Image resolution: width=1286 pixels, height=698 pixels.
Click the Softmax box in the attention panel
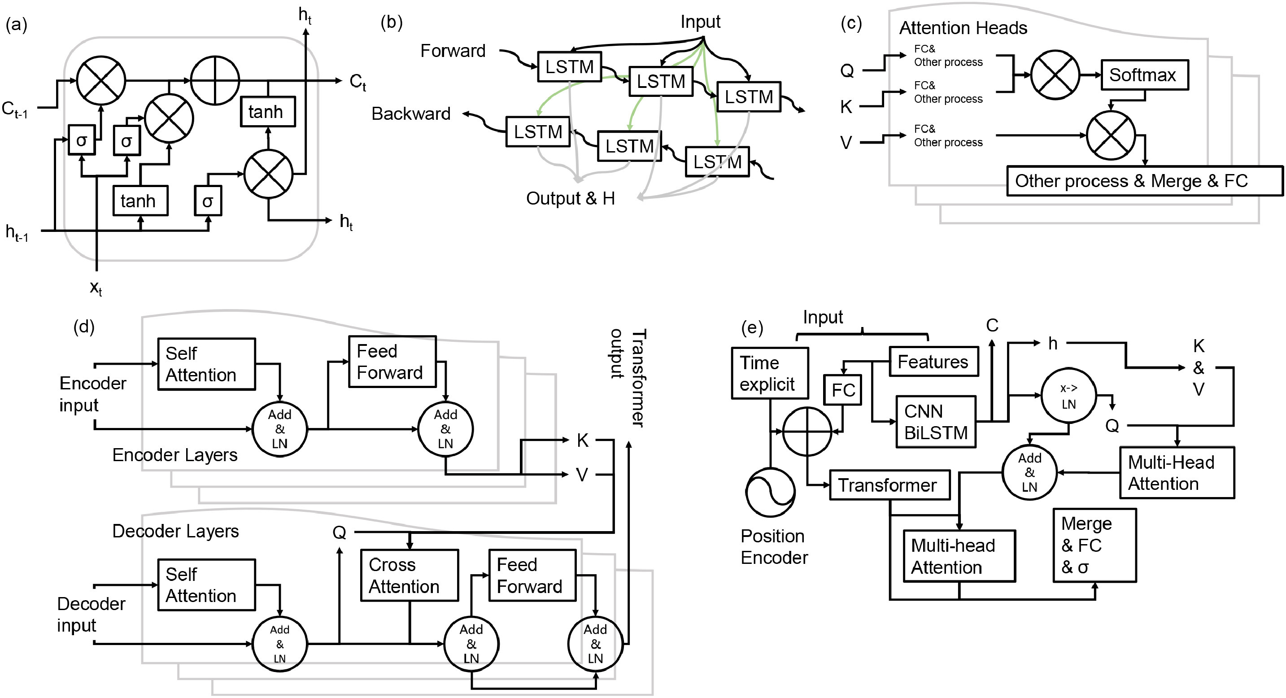click(1144, 75)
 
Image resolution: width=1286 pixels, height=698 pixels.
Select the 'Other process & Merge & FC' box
click(1144, 181)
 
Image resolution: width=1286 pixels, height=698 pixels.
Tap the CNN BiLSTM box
click(936, 422)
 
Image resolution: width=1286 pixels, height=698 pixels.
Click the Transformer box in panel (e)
click(889, 485)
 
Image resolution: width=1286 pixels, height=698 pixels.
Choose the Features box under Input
click(933, 362)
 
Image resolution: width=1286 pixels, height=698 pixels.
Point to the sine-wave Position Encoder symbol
click(770, 492)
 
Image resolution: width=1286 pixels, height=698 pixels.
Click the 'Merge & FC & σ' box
click(1094, 545)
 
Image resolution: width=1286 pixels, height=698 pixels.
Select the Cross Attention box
click(410, 575)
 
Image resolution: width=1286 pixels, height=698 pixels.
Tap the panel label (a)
click(17, 24)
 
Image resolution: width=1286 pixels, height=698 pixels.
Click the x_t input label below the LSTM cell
click(96, 288)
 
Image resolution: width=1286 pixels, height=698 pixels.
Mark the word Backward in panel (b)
click(411, 114)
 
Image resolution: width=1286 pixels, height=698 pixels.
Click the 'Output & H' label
click(570, 198)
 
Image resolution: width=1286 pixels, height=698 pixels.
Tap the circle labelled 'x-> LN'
click(1068, 396)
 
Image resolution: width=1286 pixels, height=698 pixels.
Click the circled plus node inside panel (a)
click(215, 80)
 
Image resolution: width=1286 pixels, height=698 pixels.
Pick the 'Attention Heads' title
click(963, 28)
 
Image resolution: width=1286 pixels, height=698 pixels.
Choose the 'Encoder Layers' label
click(175, 455)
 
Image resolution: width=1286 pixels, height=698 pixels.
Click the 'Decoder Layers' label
click(175, 531)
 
